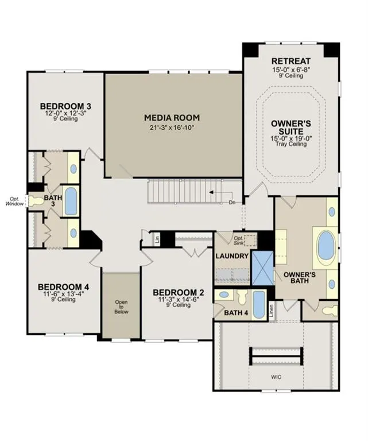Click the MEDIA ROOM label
[172, 118]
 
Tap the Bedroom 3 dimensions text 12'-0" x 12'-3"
[66, 113]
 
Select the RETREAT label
[291, 61]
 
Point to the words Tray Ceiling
[291, 144]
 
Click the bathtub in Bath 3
[71, 201]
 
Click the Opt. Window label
[14, 202]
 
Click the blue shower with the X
[262, 268]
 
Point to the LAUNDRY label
[232, 256]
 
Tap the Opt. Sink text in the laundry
[239, 241]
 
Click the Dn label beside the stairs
[232, 202]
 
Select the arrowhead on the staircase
[211, 192]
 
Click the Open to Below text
[122, 307]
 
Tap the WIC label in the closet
[276, 377]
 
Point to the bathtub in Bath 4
[259, 305]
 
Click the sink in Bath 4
[224, 295]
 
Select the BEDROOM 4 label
[64, 287]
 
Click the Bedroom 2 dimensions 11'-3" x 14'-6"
[179, 300]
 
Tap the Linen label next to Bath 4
[272, 312]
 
